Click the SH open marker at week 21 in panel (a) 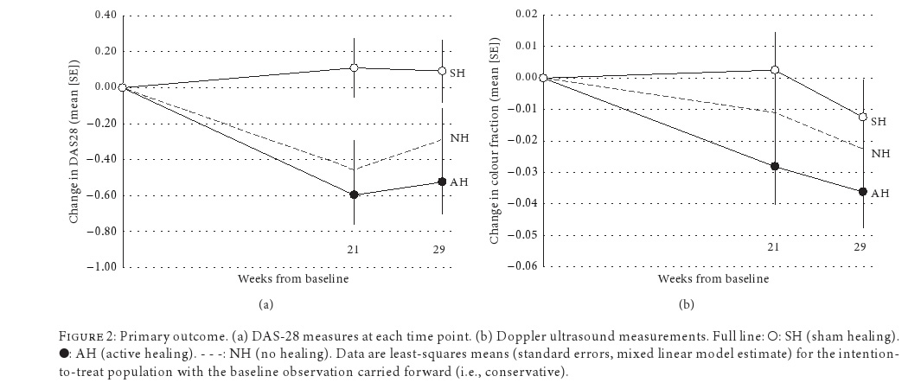click(x=355, y=67)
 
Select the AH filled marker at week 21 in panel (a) click(x=355, y=194)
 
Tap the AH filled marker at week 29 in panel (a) click(x=442, y=182)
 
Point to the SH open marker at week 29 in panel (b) click(x=862, y=117)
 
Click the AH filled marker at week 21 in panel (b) click(x=775, y=166)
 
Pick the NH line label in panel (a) click(x=459, y=138)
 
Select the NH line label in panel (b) click(x=880, y=153)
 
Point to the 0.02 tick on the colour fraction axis click(x=526, y=15)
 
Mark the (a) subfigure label click(x=266, y=304)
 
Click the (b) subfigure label click(x=687, y=304)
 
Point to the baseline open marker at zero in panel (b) click(x=543, y=77)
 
